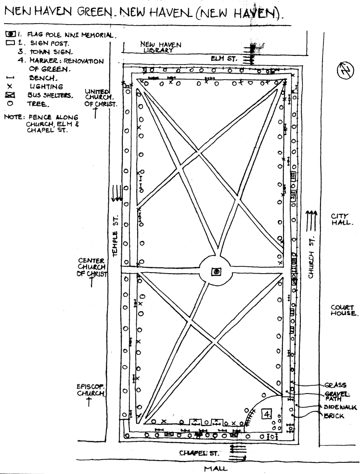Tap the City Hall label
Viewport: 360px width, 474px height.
coord(339,219)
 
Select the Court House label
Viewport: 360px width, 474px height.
coord(343,310)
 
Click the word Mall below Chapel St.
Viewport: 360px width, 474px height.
coord(215,468)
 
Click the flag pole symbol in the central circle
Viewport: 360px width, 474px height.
coord(217,272)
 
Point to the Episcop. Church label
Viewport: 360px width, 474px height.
coord(90,390)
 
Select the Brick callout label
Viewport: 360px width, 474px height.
coord(334,416)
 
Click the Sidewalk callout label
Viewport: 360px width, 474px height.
coord(340,407)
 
